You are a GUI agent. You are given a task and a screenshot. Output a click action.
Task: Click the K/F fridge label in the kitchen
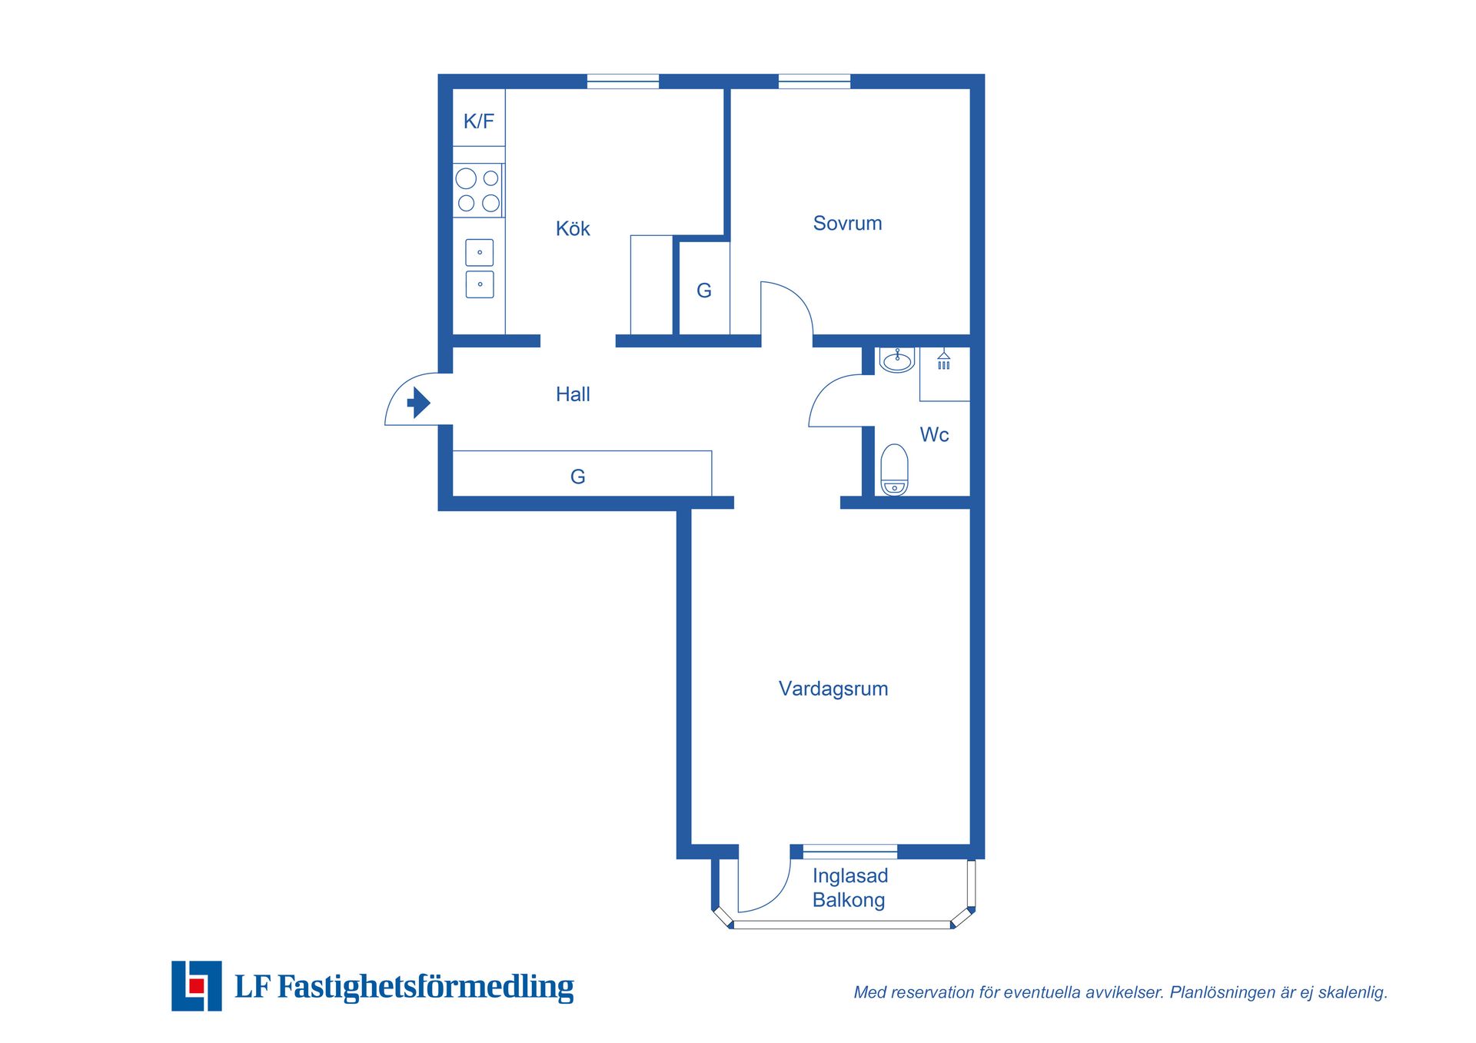[x=478, y=121]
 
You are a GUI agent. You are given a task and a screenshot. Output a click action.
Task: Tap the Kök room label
[x=573, y=228]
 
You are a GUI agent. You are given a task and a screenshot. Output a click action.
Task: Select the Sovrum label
[x=847, y=223]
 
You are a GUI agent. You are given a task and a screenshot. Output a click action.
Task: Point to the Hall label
[x=573, y=394]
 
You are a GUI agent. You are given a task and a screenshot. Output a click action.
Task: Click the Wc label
[x=934, y=434]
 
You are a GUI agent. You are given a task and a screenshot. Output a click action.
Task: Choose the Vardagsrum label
[x=833, y=689]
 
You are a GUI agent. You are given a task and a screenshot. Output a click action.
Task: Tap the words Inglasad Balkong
[x=850, y=888]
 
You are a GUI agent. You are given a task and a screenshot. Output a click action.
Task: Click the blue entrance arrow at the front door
[x=418, y=402]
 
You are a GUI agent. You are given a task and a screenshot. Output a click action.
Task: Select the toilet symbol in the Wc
[x=894, y=470]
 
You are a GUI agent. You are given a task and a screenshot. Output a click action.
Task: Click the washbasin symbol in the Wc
[x=897, y=360]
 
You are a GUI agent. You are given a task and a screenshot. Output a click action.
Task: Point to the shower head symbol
[x=944, y=360]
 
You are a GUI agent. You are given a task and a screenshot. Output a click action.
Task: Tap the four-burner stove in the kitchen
[x=478, y=191]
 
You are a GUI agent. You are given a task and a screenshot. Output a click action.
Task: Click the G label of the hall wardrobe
[x=578, y=477]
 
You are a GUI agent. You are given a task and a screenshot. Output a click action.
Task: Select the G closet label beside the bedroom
[x=704, y=291]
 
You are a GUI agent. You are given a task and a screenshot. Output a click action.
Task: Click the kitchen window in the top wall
[x=623, y=81]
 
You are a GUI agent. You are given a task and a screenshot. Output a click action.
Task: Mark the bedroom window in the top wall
[x=814, y=81]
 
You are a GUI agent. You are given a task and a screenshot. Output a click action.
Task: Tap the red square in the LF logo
[x=197, y=985]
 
